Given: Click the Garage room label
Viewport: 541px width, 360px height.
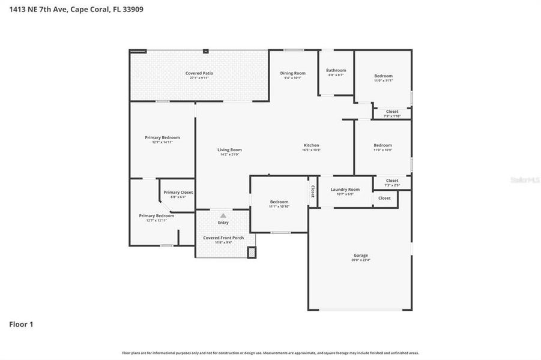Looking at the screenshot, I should (360, 256).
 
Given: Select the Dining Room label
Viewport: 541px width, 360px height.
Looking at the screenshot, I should (292, 73).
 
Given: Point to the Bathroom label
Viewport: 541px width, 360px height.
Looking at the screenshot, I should (336, 70).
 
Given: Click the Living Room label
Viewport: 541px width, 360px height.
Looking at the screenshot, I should (229, 150).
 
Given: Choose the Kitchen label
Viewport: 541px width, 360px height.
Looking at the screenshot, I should (311, 145).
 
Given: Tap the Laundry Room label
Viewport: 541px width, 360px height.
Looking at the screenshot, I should (345, 190).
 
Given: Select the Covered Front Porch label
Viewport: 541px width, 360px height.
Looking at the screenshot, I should (223, 238).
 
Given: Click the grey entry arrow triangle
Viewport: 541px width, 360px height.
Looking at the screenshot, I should (223, 215).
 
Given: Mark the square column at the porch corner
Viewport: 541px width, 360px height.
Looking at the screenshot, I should (252, 253).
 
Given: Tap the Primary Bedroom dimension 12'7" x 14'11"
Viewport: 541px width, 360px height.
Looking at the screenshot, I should (162, 142).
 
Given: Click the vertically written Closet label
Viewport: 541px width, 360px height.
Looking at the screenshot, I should (312, 191).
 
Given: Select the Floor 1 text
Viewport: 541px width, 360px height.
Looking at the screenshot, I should (21, 325).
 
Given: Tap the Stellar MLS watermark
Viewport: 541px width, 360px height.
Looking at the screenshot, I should (525, 179).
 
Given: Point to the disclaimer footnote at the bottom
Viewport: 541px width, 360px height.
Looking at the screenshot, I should (270, 353).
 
